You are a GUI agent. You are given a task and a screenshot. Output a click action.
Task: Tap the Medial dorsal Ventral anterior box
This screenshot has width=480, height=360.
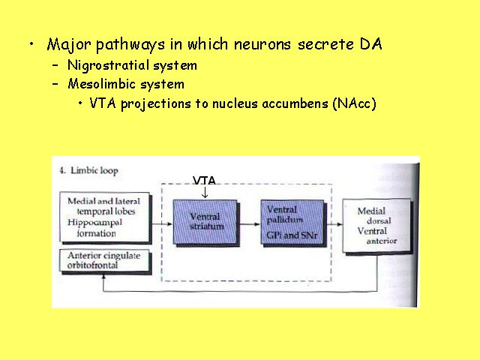[376, 226]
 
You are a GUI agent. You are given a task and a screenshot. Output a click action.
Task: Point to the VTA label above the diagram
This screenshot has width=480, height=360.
[204, 181]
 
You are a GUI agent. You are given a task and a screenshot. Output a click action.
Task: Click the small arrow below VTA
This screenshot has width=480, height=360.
[204, 192]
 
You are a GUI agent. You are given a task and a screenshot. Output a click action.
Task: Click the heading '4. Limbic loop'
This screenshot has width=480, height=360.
[88, 170]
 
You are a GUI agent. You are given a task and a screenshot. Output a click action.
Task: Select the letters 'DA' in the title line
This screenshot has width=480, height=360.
[370, 43]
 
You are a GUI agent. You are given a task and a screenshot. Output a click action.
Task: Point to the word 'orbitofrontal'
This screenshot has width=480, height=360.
[94, 264]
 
